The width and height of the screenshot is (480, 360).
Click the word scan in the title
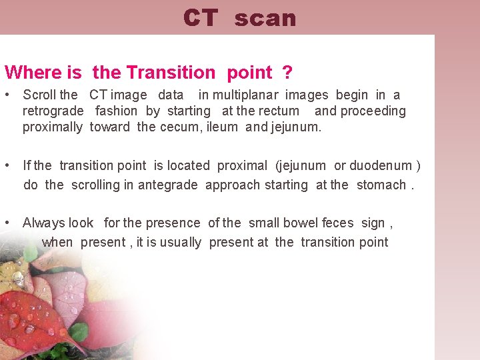(265, 19)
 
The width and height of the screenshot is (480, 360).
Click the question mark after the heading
(288, 72)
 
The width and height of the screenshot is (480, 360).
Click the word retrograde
(53, 111)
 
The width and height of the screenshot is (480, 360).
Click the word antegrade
(167, 185)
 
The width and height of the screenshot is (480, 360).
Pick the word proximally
(53, 127)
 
